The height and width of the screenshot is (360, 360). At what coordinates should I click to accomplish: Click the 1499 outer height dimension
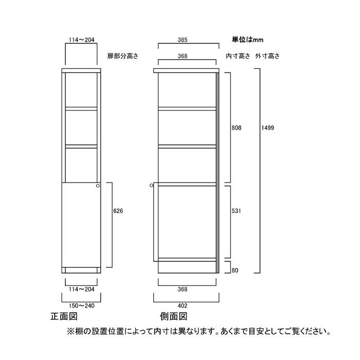coord(268,128)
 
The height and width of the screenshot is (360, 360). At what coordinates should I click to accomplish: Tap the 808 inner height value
coord(237,128)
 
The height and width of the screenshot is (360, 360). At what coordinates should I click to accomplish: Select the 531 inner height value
coord(236,211)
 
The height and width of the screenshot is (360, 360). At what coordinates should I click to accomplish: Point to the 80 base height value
coord(235,270)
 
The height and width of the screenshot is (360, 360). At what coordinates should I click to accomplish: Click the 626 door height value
coord(118,211)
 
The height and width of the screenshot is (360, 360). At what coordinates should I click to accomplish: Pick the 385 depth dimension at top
coord(183,40)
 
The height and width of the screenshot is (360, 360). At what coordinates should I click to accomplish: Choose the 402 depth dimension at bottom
coord(183,305)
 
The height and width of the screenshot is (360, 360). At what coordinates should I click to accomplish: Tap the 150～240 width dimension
coord(81,305)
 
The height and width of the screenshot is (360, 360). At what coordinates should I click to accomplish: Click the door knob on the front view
coord(98,186)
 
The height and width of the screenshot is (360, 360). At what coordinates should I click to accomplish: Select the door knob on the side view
coord(151,185)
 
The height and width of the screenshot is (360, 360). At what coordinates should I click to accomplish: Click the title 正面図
coord(64,316)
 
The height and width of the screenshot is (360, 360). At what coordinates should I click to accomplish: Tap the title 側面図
coord(174,316)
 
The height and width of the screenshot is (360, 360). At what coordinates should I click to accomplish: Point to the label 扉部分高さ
coord(123,56)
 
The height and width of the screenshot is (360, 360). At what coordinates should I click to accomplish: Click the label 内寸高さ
coord(238,56)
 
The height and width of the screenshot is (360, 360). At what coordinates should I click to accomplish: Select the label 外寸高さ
coord(267,56)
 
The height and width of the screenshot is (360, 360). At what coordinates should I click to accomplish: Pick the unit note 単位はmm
coord(248,40)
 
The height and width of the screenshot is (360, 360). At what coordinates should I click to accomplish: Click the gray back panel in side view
coord(218,173)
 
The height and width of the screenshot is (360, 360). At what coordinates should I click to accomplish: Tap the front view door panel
coord(81,225)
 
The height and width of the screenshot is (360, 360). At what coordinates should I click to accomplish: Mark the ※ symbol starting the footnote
coord(70,332)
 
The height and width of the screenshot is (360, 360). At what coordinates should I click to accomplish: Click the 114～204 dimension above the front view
coord(81,40)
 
